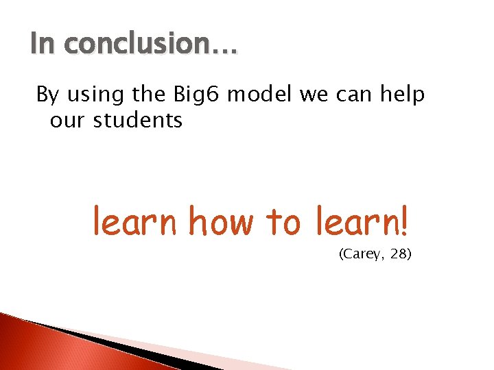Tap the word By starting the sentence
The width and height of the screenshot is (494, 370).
point(48,95)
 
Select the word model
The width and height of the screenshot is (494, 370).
point(260,95)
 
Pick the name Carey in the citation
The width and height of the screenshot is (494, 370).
point(362,255)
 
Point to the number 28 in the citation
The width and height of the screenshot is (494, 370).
point(399,255)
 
